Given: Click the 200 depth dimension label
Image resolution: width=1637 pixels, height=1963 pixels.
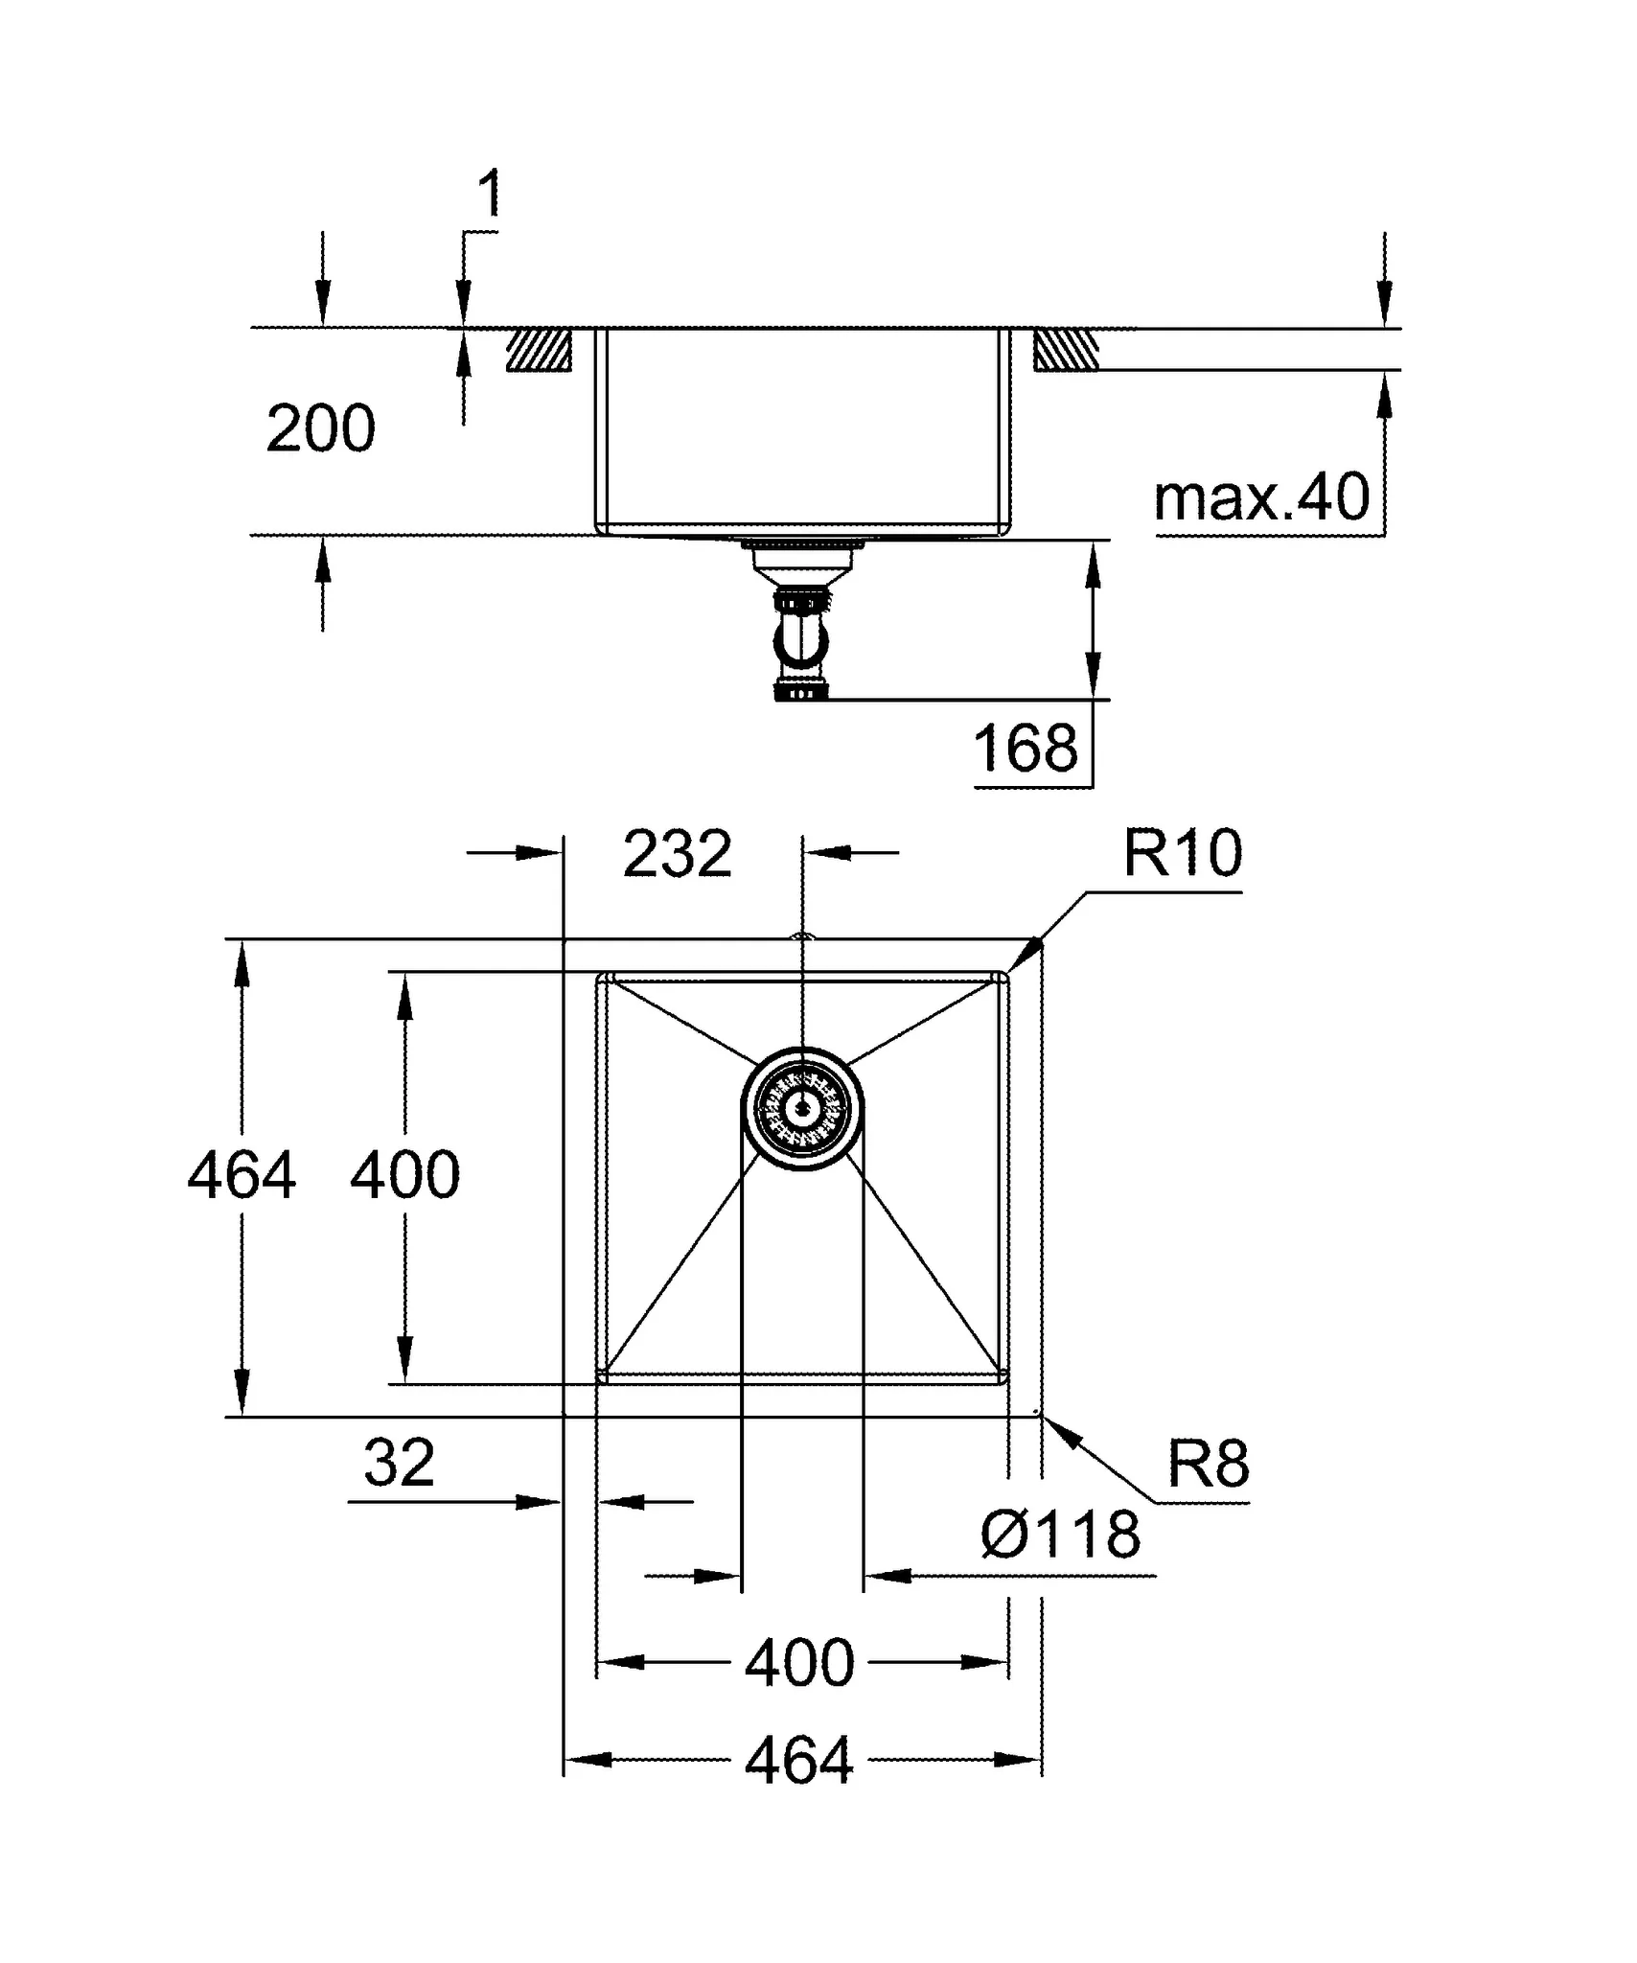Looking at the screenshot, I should pos(320,428).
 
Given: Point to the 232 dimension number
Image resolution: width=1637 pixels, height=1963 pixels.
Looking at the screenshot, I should pos(677,853).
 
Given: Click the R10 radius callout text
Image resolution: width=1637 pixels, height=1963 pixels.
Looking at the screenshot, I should pos(1182,852).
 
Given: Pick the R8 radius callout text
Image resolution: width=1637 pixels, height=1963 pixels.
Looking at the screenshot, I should pos(1208,1464).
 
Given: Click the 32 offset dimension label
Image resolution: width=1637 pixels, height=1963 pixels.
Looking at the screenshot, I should pos(399,1463).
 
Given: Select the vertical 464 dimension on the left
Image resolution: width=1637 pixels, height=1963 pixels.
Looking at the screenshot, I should pos(241,1176).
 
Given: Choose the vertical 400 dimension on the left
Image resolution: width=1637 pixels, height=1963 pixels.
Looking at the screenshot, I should pos(404,1176).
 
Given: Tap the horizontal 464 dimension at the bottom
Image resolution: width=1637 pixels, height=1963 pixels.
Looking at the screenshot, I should pos(798,1761).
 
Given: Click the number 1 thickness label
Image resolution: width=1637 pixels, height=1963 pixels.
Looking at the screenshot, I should pos(489,195).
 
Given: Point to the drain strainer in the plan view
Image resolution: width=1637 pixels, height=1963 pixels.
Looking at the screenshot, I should pos(802,1109).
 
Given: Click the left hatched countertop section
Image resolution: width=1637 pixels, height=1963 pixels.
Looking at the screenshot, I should pos(539,350).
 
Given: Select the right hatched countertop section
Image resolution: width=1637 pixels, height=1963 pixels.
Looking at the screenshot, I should pos(1066,350).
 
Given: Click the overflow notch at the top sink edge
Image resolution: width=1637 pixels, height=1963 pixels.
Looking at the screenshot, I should pos(802,937).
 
